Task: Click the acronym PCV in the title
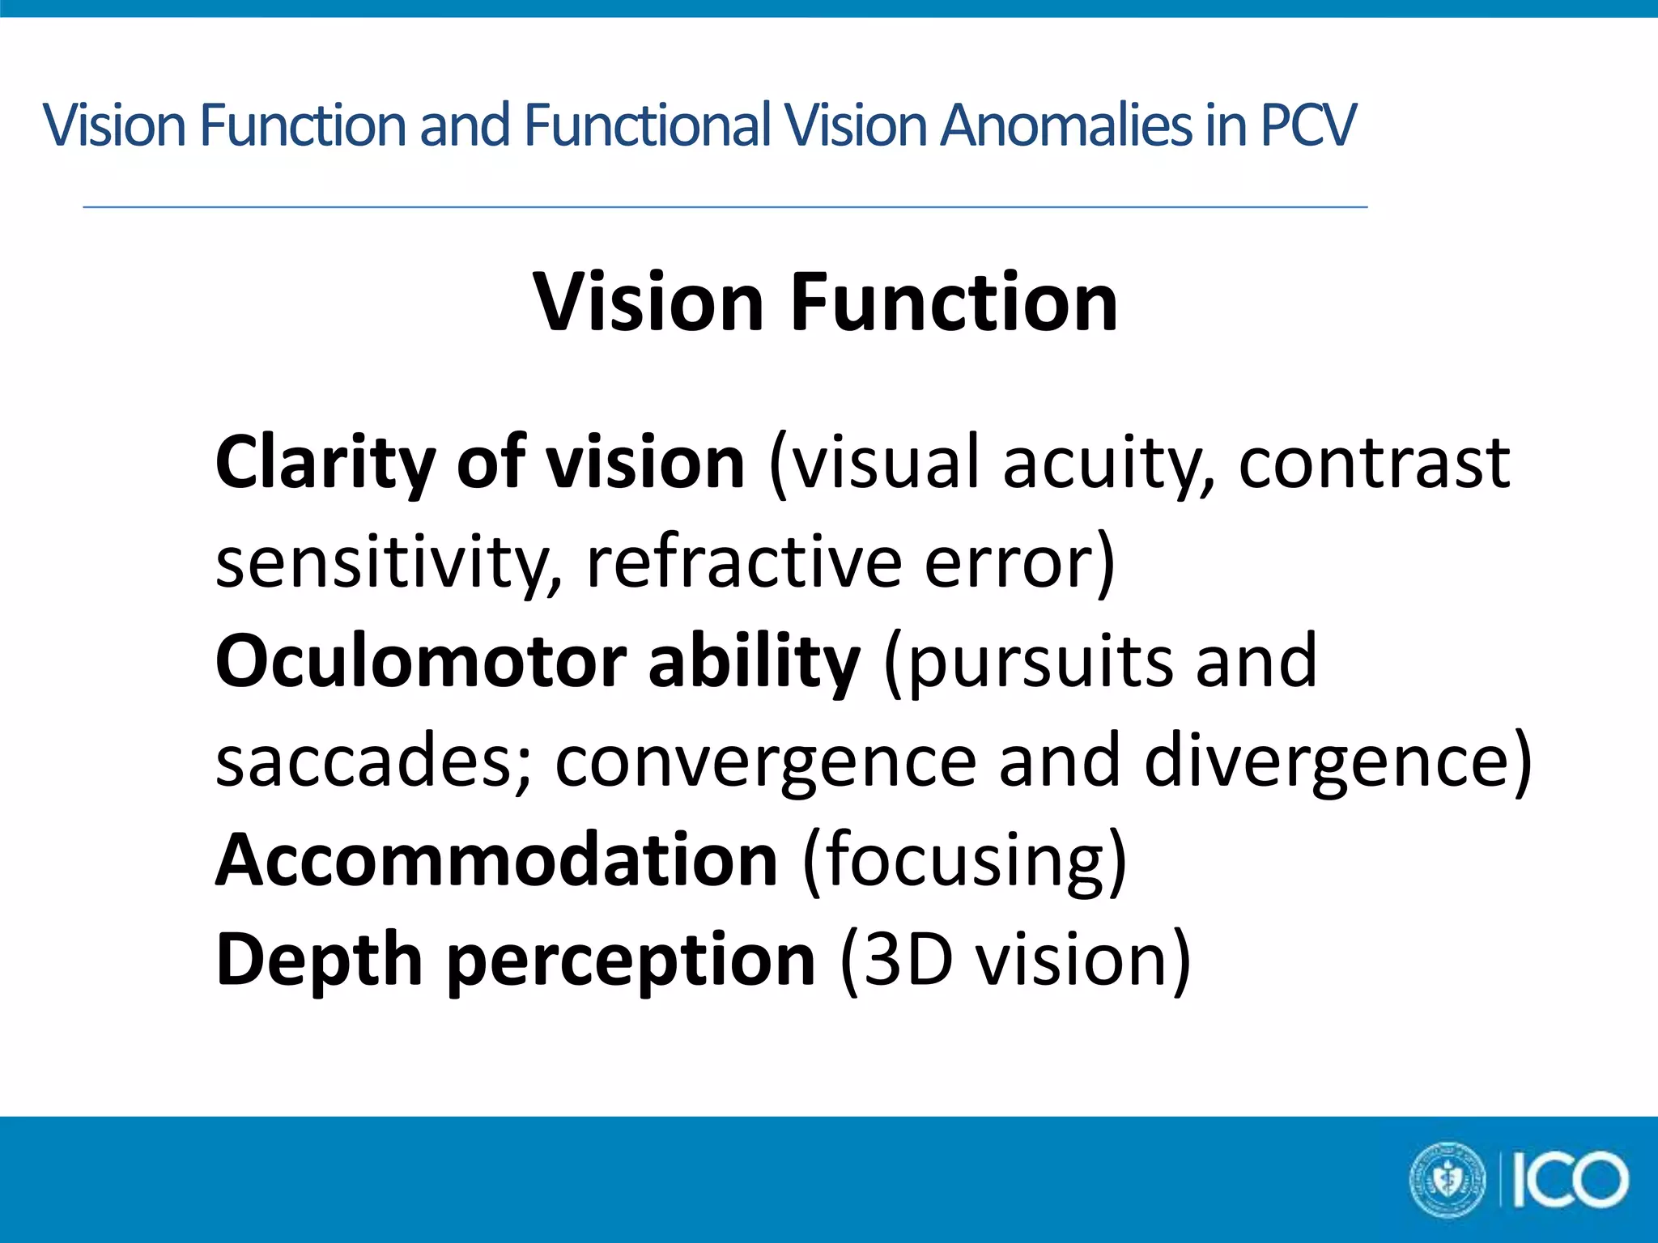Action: (x=1307, y=125)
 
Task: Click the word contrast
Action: (x=1374, y=462)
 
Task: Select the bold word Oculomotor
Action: (x=421, y=661)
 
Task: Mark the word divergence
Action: (x=1328, y=761)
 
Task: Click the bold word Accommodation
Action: (x=496, y=859)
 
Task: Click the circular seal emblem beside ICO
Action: (x=1448, y=1180)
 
